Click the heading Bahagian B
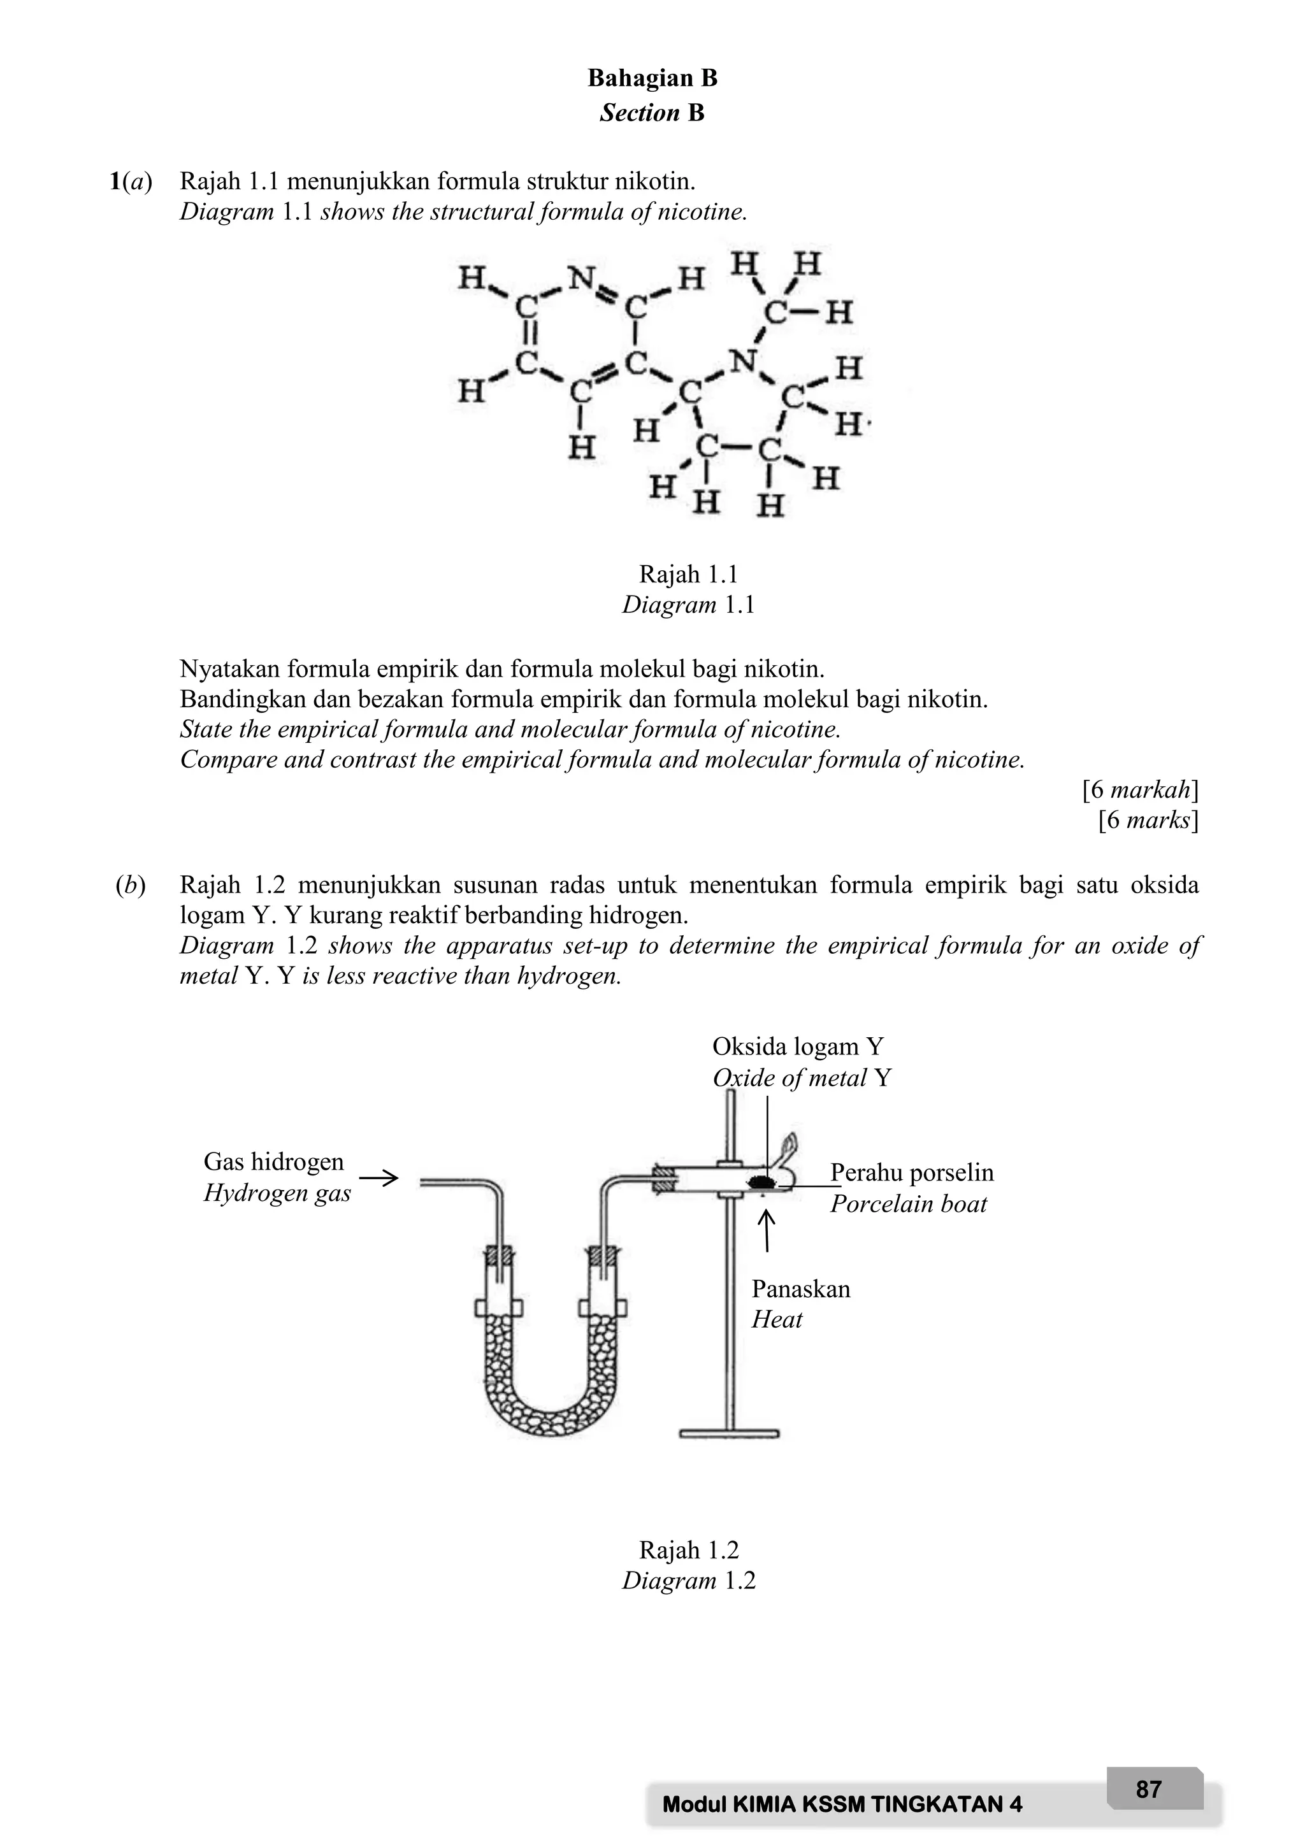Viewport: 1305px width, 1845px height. point(652,78)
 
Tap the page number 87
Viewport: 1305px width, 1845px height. point(1148,1790)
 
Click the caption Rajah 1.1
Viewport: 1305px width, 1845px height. point(688,574)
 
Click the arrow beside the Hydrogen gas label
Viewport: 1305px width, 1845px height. point(379,1179)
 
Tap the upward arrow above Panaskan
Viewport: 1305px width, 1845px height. point(767,1231)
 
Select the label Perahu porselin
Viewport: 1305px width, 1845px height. point(912,1172)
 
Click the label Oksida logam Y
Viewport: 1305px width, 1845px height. point(797,1046)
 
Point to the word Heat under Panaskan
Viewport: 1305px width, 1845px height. point(776,1319)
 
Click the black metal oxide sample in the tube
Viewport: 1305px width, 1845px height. point(760,1181)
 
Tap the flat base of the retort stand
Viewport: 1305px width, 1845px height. point(729,1433)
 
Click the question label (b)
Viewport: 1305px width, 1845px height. point(130,886)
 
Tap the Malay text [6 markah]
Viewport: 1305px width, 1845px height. point(1140,790)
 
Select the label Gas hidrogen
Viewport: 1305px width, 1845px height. point(273,1161)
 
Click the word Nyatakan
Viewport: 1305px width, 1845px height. point(229,668)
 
